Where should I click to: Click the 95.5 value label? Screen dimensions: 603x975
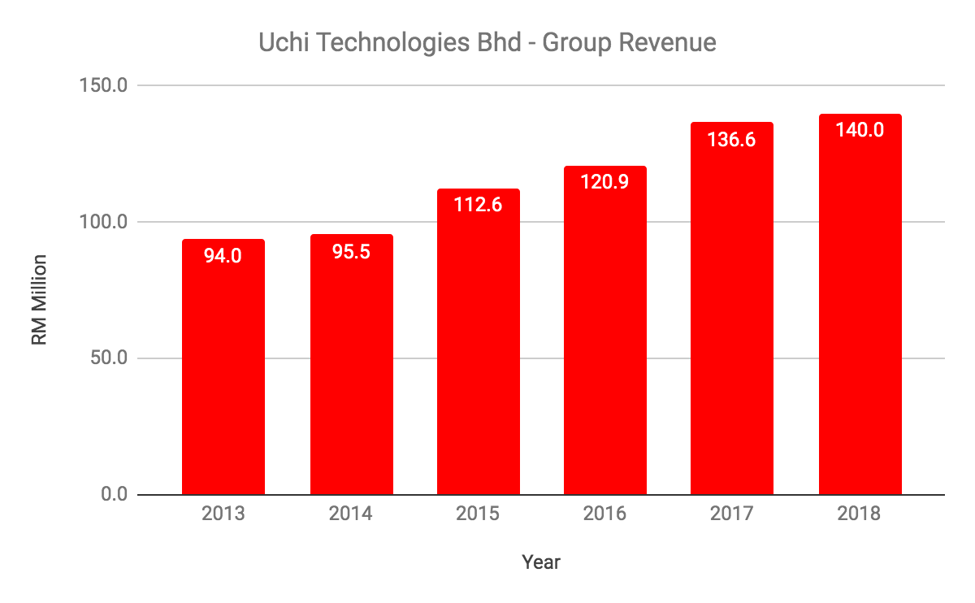pyautogui.click(x=352, y=252)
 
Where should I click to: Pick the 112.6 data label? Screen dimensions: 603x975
pyautogui.click(x=479, y=205)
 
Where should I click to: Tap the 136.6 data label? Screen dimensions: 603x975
pyautogui.click(x=732, y=140)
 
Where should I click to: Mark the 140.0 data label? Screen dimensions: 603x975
pyautogui.click(x=860, y=130)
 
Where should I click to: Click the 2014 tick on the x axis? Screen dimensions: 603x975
pyautogui.click(x=352, y=514)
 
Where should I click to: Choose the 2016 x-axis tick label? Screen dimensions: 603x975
pyautogui.click(x=605, y=514)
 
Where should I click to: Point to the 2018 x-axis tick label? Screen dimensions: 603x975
pyautogui.click(x=860, y=514)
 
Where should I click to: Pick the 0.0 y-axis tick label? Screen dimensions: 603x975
pyautogui.click(x=120, y=495)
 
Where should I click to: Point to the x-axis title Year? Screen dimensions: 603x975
pyautogui.click(x=541, y=562)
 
